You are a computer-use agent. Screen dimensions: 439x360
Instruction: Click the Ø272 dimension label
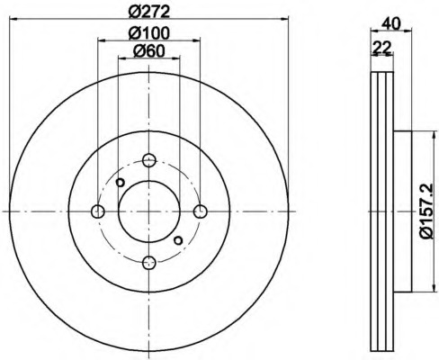click(149, 12)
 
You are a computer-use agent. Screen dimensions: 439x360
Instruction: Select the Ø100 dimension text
click(149, 33)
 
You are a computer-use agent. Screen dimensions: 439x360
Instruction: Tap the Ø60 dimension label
click(149, 51)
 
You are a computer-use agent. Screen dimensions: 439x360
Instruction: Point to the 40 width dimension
click(391, 24)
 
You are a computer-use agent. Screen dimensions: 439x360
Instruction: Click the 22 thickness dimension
click(381, 48)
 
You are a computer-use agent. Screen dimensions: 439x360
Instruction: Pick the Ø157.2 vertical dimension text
click(426, 211)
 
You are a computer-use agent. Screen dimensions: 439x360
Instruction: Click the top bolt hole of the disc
click(149, 160)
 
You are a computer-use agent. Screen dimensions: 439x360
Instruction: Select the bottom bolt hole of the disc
click(149, 263)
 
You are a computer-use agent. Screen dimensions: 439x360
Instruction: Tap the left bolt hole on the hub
click(98, 211)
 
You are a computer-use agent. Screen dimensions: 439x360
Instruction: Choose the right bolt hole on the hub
click(201, 211)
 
